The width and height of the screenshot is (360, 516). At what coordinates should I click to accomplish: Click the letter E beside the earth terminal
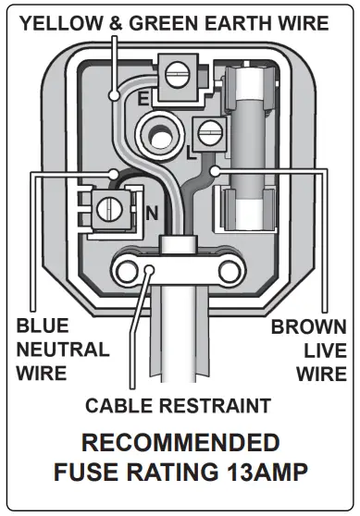(143, 96)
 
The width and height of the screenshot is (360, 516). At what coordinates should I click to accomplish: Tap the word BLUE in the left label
(42, 326)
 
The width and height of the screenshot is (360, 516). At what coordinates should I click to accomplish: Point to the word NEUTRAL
(62, 350)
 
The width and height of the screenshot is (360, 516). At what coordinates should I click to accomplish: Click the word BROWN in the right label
(308, 326)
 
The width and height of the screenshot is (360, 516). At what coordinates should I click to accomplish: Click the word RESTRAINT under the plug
(215, 404)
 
